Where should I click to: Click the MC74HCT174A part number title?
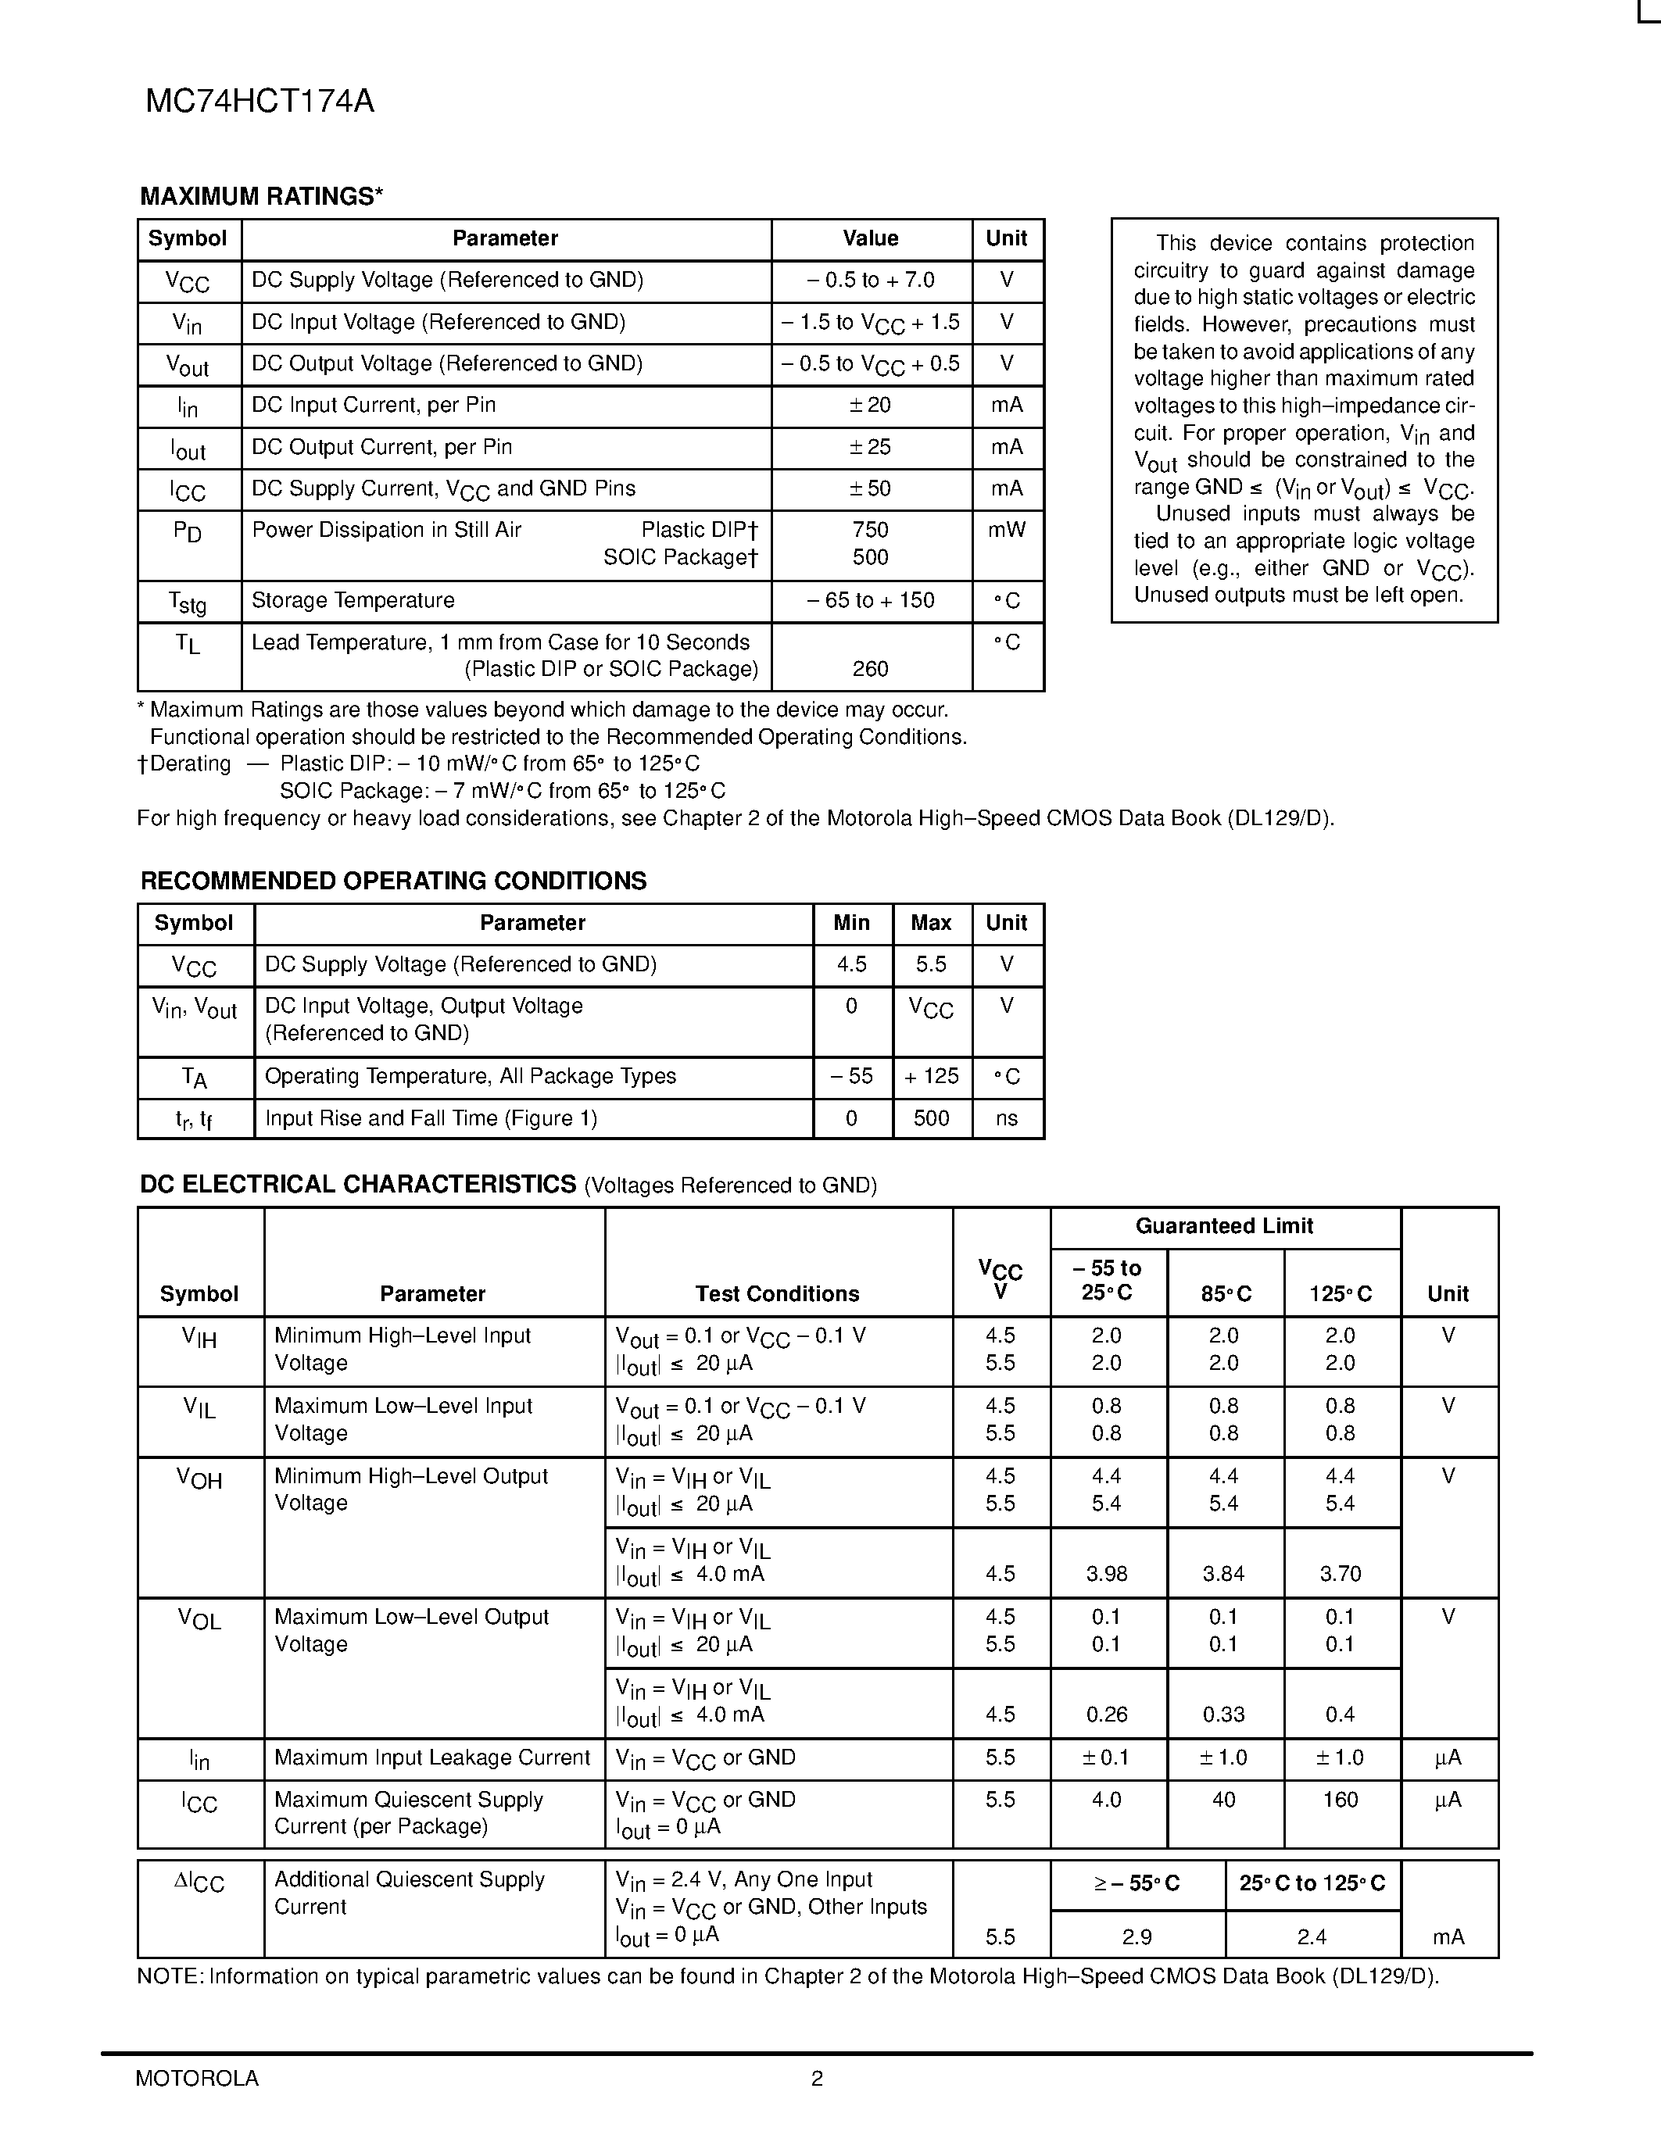click(x=260, y=102)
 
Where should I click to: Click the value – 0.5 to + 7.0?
click(x=870, y=281)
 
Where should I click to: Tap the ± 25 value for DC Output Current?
click(x=870, y=447)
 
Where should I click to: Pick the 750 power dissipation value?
click(x=870, y=531)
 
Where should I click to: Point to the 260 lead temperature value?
click(x=870, y=669)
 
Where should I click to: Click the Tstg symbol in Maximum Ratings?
click(x=187, y=603)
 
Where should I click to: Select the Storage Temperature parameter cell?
click(x=353, y=600)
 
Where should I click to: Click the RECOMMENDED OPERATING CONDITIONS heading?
click(x=394, y=881)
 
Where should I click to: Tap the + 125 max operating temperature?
click(x=931, y=1077)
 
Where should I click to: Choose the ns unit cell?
click(x=1007, y=1119)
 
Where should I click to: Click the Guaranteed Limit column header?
click(x=1224, y=1226)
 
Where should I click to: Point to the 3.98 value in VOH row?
click(x=1107, y=1573)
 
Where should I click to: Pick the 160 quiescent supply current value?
click(x=1341, y=1800)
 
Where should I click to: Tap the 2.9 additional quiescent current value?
click(x=1137, y=1936)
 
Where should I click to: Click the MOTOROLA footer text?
click(x=197, y=2078)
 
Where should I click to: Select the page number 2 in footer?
click(x=817, y=2078)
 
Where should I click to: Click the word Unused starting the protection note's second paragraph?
click(x=1193, y=513)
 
